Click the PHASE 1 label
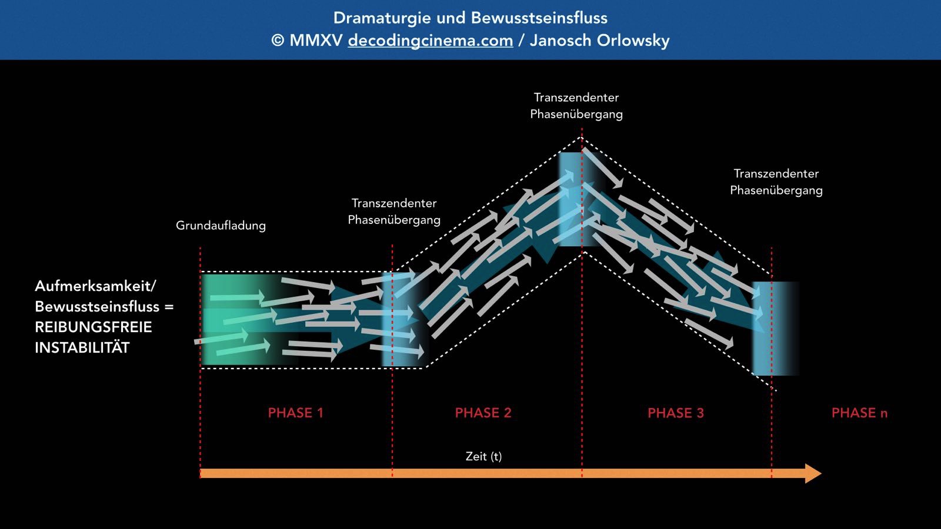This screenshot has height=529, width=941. click(x=295, y=413)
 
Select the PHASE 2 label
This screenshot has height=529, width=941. click(x=483, y=413)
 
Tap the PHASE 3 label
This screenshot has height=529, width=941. click(x=675, y=413)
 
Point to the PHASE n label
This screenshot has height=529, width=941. click(x=859, y=413)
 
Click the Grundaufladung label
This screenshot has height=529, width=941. click(x=221, y=226)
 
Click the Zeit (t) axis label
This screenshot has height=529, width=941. click(x=483, y=456)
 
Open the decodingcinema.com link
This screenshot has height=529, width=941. click(x=430, y=41)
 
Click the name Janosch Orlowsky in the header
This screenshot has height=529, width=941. click(x=599, y=41)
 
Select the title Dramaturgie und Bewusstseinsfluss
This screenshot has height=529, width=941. click(x=470, y=18)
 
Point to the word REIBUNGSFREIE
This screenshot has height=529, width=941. click(x=94, y=327)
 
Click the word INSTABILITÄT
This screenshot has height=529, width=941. click(x=82, y=347)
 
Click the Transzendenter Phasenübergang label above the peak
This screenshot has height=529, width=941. click(x=576, y=106)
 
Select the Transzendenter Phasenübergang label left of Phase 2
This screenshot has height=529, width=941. click(x=393, y=212)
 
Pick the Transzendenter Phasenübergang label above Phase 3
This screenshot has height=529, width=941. click(x=776, y=182)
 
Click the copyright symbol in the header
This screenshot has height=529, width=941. click(x=278, y=41)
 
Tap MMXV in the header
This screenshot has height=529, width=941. click(x=316, y=41)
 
